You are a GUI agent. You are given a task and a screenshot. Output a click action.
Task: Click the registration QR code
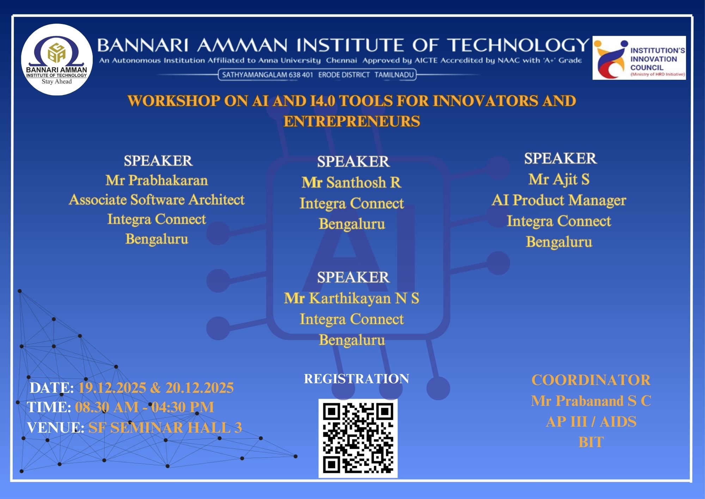point(358,438)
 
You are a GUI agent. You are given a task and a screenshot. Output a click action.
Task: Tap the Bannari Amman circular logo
point(57,59)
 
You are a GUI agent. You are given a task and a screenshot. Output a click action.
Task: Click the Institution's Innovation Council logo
point(639,58)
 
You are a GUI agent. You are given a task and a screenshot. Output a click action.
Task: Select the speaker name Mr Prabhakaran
point(157,180)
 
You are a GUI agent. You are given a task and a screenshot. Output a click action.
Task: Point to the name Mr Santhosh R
point(351,182)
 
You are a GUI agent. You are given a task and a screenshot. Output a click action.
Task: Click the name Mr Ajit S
point(559,179)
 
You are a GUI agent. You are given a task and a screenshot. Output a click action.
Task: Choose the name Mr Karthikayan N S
point(351,298)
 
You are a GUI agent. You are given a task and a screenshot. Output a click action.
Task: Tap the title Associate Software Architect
point(157,200)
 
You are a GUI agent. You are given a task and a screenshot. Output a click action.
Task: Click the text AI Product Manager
point(559,200)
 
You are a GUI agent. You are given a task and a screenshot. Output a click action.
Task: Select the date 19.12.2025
point(112,388)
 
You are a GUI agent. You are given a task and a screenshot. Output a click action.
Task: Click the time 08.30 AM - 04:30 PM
point(145,407)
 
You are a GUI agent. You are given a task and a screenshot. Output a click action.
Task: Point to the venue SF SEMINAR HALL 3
point(165,428)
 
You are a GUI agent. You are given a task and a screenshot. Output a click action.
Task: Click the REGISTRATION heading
point(356,379)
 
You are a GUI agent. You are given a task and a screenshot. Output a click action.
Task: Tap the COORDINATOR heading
point(591,380)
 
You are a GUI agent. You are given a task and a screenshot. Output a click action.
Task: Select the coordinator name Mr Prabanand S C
point(591,401)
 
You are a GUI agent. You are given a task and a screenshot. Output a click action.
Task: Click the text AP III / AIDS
point(591,422)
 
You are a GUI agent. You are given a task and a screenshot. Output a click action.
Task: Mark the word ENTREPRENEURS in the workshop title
point(352,121)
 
